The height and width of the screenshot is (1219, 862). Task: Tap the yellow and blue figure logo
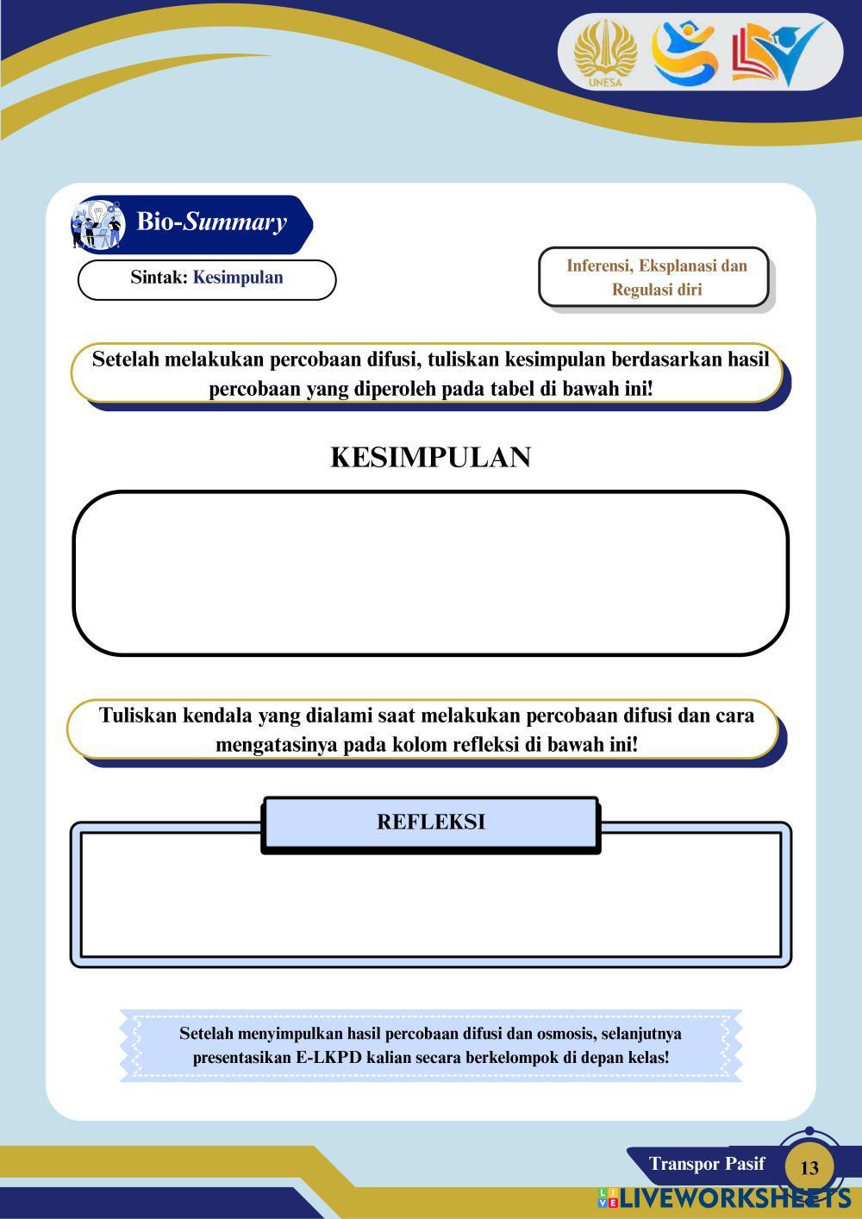click(x=684, y=53)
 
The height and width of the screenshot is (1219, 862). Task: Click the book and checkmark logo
click(x=775, y=53)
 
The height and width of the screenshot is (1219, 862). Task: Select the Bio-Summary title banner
click(x=212, y=222)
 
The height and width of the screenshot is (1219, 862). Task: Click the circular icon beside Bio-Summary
click(x=97, y=224)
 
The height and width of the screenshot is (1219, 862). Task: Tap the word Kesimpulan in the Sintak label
click(x=238, y=278)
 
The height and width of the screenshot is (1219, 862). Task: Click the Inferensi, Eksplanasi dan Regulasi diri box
click(x=656, y=278)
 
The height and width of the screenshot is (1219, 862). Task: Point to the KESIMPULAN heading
click(x=430, y=457)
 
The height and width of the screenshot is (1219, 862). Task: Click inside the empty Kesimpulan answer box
click(x=430, y=573)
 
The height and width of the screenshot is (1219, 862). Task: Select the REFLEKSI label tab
click(x=430, y=822)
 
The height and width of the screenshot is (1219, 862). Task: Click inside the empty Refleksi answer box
click(x=430, y=905)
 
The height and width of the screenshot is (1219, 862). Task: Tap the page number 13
click(x=809, y=1168)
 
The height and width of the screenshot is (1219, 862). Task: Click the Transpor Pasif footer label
click(x=707, y=1164)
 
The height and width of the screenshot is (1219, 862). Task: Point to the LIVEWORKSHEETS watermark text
click(x=733, y=1198)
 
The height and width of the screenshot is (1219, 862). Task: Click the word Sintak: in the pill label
click(x=159, y=278)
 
